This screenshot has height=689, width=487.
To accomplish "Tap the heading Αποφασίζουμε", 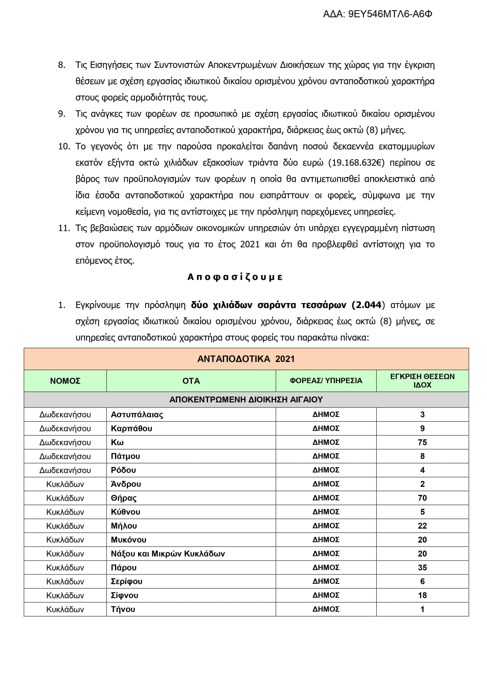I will point(235,277).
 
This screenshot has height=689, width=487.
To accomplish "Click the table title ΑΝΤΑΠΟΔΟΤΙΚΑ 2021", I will point(246,359).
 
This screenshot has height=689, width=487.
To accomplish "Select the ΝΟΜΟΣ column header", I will point(65,381).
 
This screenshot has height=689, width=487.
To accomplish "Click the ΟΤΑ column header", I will point(191,381).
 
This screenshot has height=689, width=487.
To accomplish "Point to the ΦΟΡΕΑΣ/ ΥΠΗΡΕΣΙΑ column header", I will point(326,381).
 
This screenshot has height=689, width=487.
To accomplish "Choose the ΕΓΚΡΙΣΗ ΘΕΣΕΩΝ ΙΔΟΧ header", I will point(422,381).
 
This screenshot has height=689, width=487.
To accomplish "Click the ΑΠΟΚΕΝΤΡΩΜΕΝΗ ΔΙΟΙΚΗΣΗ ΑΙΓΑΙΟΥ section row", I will point(246,400).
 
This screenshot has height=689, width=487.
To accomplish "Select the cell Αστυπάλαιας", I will point(137,415).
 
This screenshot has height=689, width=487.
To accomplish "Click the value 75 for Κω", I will point(422,442).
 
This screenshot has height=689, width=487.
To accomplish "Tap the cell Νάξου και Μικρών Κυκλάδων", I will point(168,554).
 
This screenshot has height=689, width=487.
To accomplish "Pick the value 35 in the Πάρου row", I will point(422,568).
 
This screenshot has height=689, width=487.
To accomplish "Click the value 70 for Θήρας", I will point(422,498).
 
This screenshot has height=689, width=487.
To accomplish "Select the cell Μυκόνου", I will point(129,540).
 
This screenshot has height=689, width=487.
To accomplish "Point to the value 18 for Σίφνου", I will point(422,596).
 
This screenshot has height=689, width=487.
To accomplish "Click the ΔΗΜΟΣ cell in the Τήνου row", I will point(326,609).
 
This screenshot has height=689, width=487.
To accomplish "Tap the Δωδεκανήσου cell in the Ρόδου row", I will point(65,470).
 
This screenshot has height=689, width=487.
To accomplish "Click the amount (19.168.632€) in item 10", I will point(356,163).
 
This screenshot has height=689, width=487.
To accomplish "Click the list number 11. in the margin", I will point(64,228).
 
